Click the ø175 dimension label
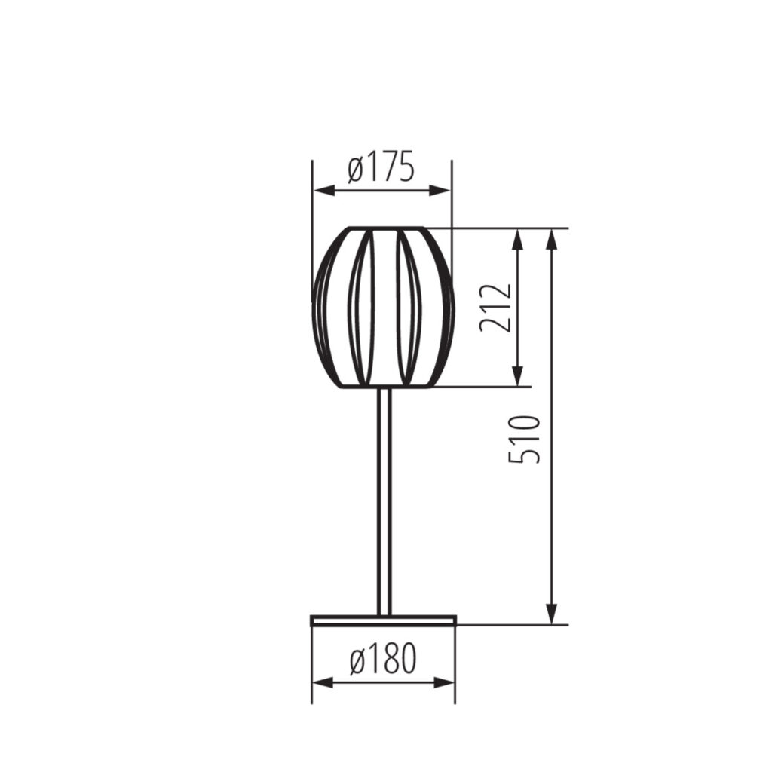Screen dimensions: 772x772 click(x=381, y=168)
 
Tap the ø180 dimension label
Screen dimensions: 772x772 click(x=384, y=659)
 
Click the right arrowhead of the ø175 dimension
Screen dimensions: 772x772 click(x=440, y=191)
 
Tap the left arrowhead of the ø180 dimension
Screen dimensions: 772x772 click(x=323, y=682)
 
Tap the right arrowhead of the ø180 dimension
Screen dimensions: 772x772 click(x=445, y=682)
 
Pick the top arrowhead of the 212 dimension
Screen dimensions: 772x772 click(x=517, y=239)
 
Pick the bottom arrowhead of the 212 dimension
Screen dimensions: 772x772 click(x=517, y=376)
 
